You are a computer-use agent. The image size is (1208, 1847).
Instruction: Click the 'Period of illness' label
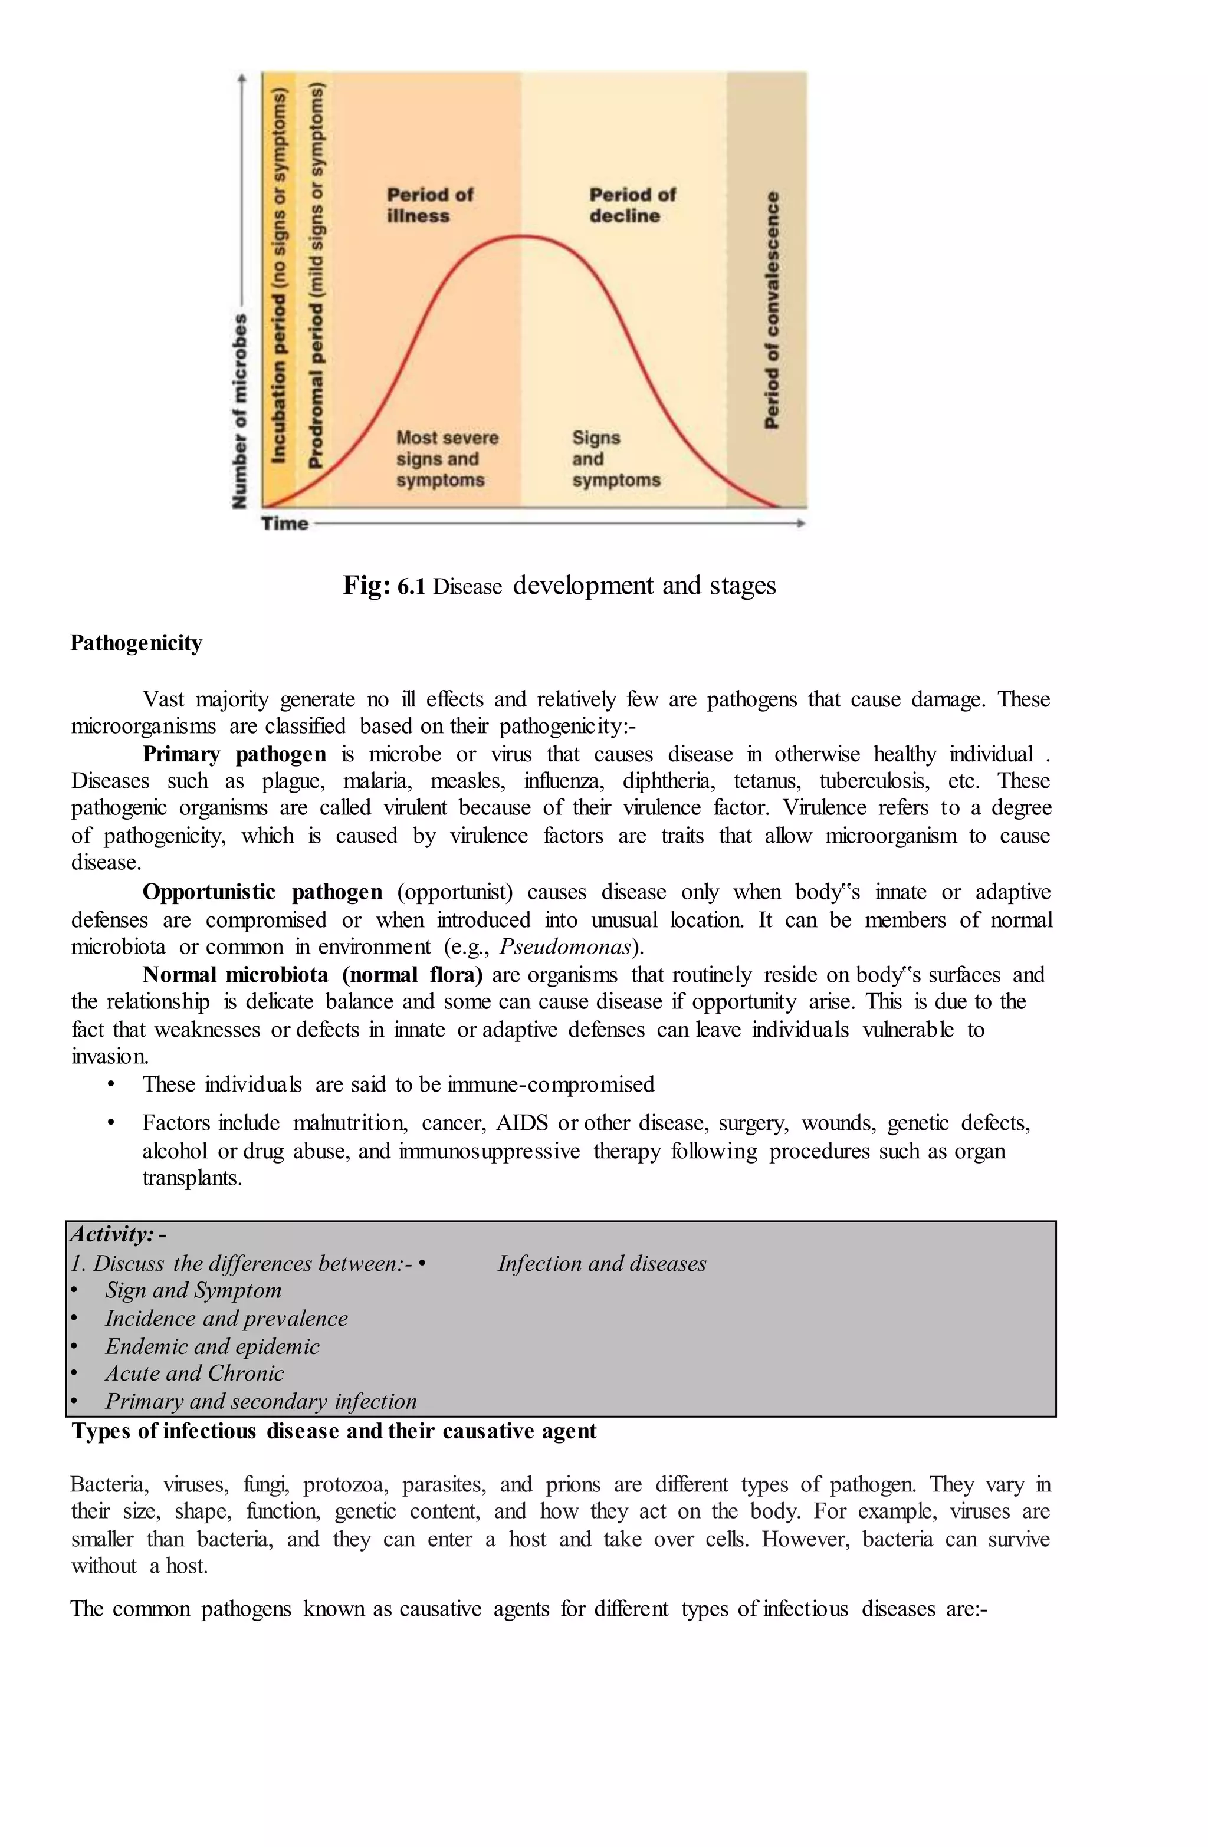pyautogui.click(x=429, y=205)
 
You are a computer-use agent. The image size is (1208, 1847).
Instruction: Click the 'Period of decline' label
pyautogui.click(x=632, y=205)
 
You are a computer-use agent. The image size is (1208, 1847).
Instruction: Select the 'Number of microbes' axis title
pyautogui.click(x=241, y=411)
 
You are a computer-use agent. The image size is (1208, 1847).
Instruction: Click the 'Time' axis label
pyautogui.click(x=284, y=524)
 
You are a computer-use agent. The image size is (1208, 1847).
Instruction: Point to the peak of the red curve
pyautogui.click(x=524, y=236)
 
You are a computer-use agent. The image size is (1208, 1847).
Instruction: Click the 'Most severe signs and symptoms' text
pyautogui.click(x=447, y=459)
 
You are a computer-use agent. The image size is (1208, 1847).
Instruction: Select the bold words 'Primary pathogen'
pyautogui.click(x=234, y=754)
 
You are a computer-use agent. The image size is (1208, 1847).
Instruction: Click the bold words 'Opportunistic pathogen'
pyautogui.click(x=262, y=892)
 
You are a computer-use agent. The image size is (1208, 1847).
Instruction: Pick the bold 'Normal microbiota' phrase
pyautogui.click(x=238, y=975)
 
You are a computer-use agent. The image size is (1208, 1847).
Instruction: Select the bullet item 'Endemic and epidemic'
pyautogui.click(x=212, y=1346)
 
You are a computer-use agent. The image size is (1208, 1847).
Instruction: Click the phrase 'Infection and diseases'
pyautogui.click(x=602, y=1263)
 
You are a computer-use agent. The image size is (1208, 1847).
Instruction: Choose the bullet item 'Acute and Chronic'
pyautogui.click(x=194, y=1373)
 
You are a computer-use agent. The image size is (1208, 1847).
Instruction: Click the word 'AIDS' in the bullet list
pyautogui.click(x=521, y=1123)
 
